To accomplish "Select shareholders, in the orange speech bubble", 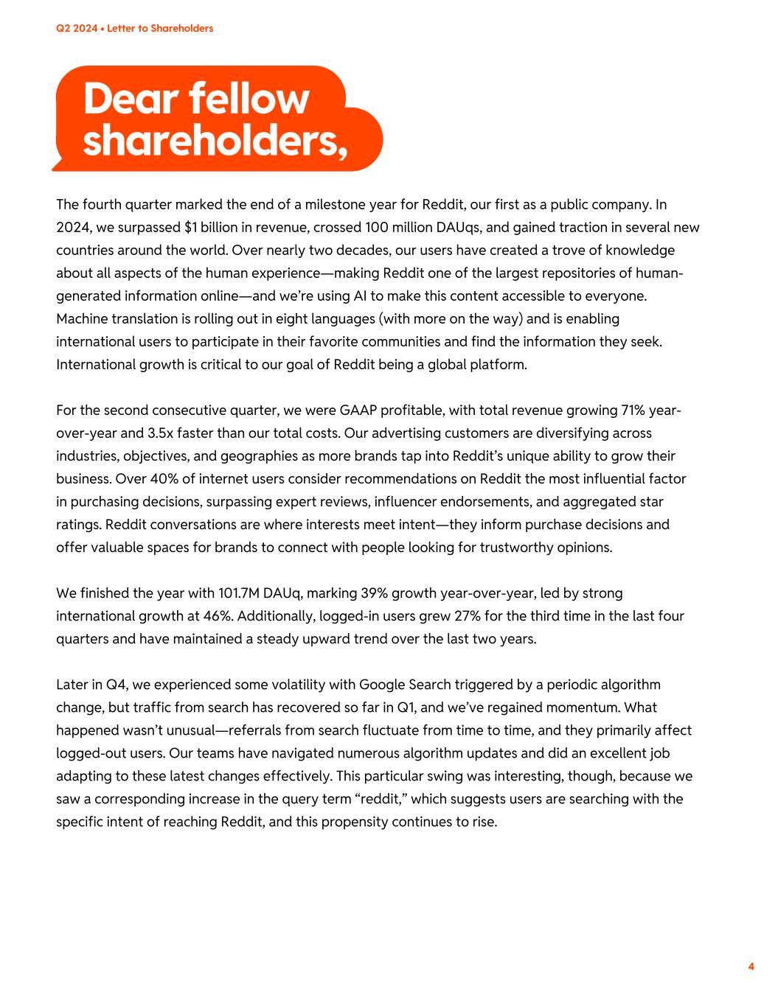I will [214, 139].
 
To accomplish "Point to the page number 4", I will [751, 967].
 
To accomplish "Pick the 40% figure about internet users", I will [163, 478].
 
